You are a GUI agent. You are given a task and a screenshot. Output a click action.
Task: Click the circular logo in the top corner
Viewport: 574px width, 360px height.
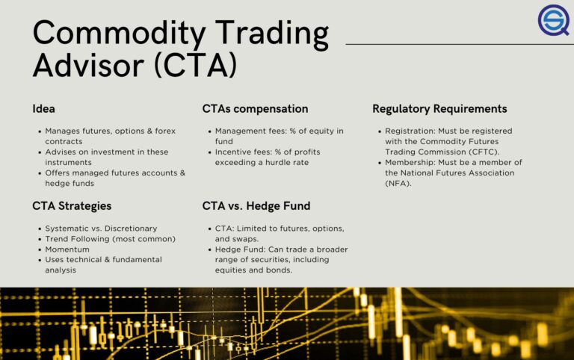pos(554,20)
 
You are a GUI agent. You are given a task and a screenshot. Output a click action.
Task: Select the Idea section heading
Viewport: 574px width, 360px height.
pos(43,109)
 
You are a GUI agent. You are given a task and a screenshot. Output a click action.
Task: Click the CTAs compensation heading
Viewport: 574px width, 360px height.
pos(255,109)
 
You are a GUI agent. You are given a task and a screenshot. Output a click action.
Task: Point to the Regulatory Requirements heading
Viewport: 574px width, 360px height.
pos(439,109)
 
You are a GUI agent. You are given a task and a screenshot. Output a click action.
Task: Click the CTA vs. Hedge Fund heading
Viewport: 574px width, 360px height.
pos(256,205)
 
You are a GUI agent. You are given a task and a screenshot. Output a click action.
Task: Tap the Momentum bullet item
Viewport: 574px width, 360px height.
pos(67,249)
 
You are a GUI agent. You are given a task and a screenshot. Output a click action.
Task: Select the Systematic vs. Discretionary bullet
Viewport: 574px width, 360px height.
pos(101,228)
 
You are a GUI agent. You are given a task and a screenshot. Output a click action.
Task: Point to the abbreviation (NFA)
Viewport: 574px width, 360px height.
pos(399,183)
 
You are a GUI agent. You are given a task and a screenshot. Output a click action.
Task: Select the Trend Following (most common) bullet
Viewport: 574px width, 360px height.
pos(110,238)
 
